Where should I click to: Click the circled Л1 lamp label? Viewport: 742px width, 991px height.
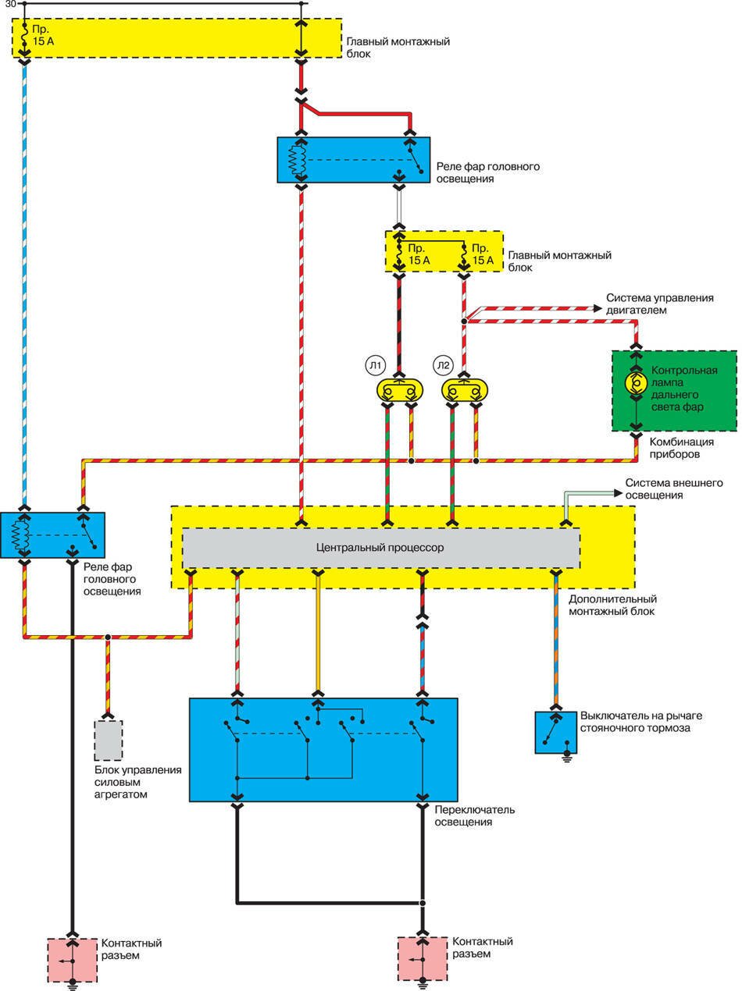(x=375, y=365)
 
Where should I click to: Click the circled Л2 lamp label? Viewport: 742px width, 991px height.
(x=444, y=365)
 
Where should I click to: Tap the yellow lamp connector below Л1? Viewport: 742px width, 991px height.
(x=399, y=389)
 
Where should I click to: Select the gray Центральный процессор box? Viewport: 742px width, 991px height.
(x=380, y=548)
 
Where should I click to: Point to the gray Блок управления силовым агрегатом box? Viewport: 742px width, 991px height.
(x=109, y=740)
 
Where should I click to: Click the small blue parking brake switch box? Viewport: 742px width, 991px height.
(x=555, y=732)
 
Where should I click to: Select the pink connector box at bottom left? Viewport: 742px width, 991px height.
(x=72, y=960)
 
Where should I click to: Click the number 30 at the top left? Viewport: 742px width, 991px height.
(x=9, y=4)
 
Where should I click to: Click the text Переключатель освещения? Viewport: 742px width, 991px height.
(x=474, y=815)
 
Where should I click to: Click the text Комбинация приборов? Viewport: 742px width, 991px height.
(x=681, y=447)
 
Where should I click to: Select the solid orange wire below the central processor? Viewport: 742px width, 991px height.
(x=318, y=632)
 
